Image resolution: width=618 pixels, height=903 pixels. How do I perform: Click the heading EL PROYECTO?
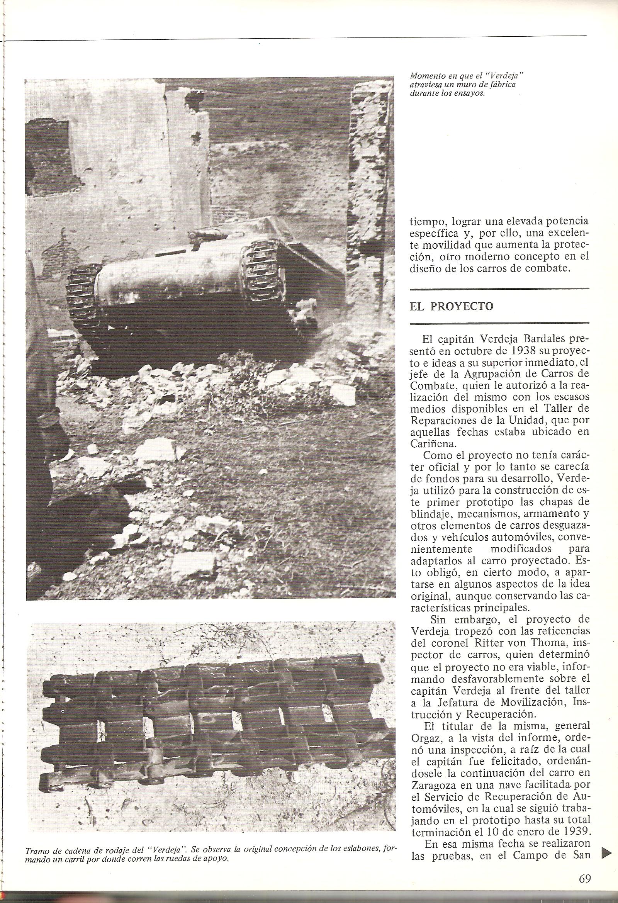[451, 307]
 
